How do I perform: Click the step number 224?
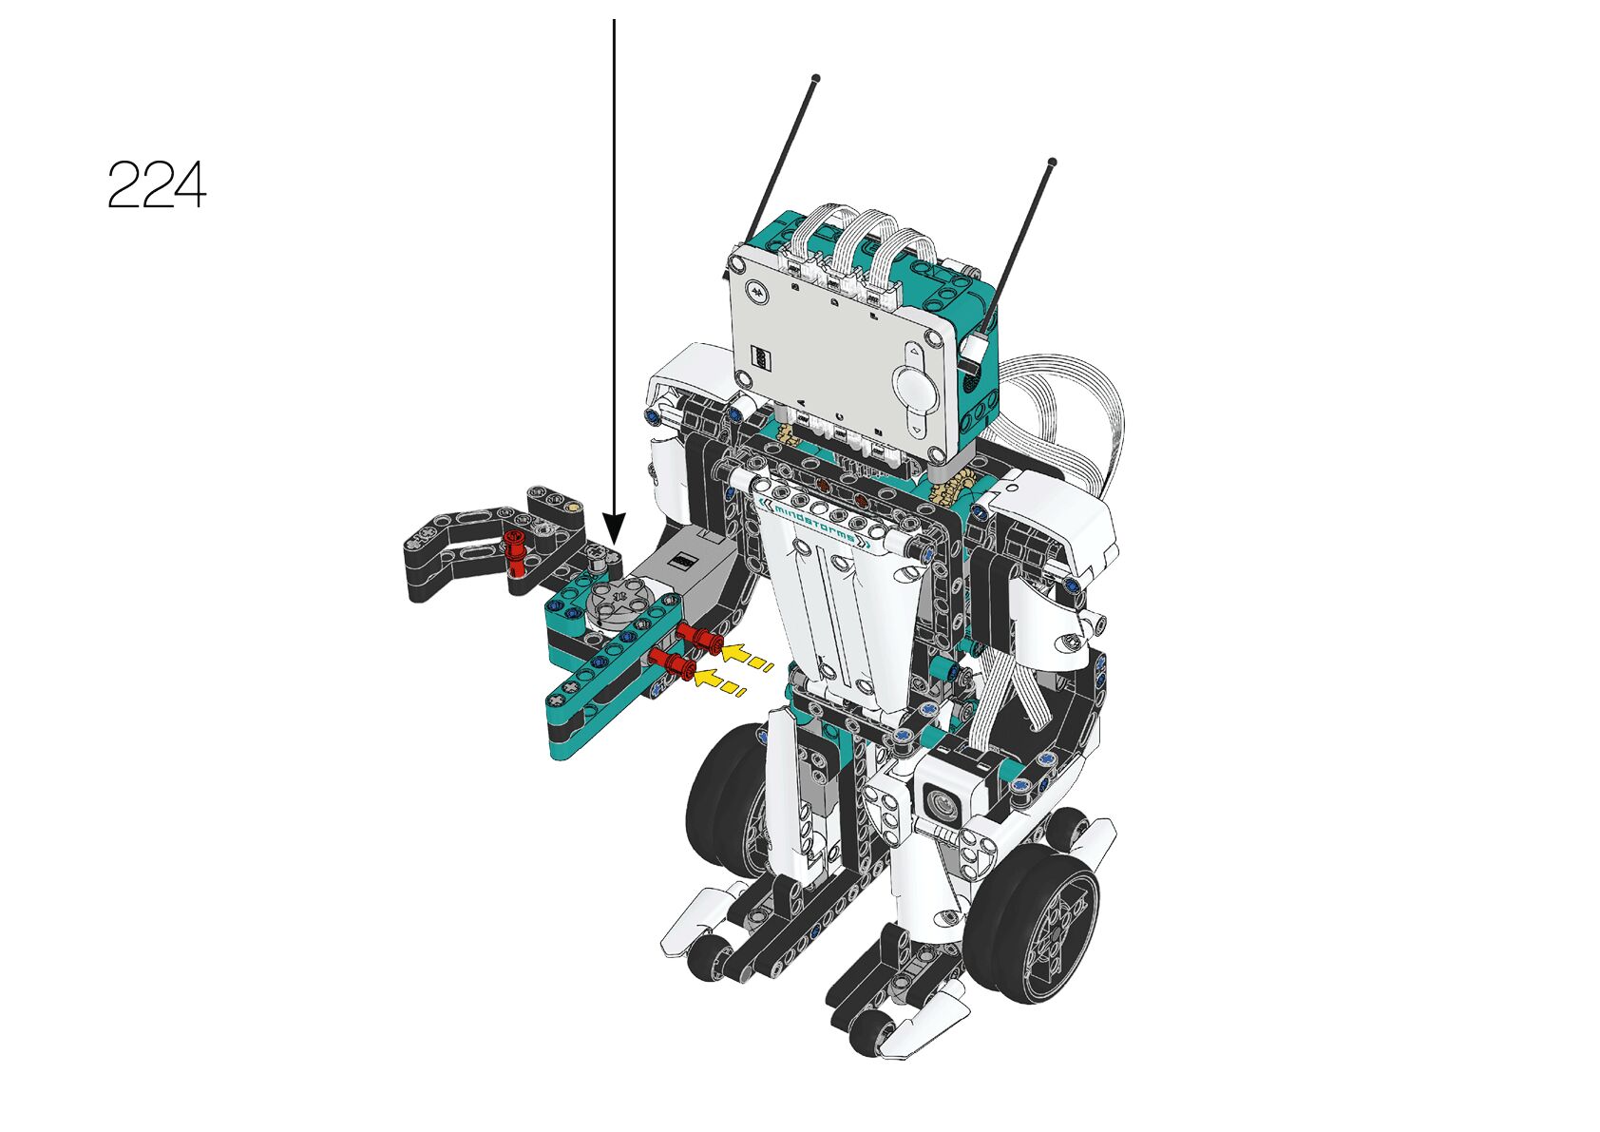(x=157, y=184)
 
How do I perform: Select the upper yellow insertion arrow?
(x=746, y=657)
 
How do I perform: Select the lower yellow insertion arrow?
(x=718, y=681)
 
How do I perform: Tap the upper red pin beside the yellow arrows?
(x=700, y=638)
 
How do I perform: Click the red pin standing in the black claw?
(x=513, y=552)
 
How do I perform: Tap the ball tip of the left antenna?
(x=816, y=77)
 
